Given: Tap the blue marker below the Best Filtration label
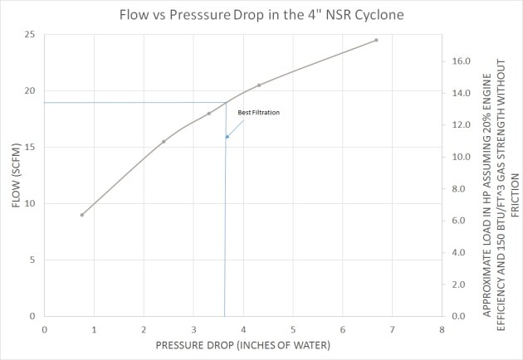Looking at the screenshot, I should click(227, 137).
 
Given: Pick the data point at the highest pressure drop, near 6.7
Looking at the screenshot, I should click(376, 40).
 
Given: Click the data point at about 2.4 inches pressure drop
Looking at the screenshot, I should click(164, 142).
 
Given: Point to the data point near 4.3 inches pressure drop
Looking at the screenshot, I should click(259, 85).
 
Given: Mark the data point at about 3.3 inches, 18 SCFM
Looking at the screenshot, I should click(209, 114).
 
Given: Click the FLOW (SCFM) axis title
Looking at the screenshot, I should click(17, 175).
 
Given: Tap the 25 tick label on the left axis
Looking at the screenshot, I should click(30, 35).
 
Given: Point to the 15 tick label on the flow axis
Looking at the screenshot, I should click(30, 148).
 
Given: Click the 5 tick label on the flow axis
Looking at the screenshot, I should click(32, 260).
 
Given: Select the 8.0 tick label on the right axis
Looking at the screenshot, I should click(462, 189).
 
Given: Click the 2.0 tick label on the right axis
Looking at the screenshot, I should click(462, 285).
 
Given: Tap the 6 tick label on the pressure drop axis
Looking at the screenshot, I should click(343, 328).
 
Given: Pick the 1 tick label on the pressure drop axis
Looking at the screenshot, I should click(94, 328).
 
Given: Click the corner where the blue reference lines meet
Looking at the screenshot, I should click(226, 103).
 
